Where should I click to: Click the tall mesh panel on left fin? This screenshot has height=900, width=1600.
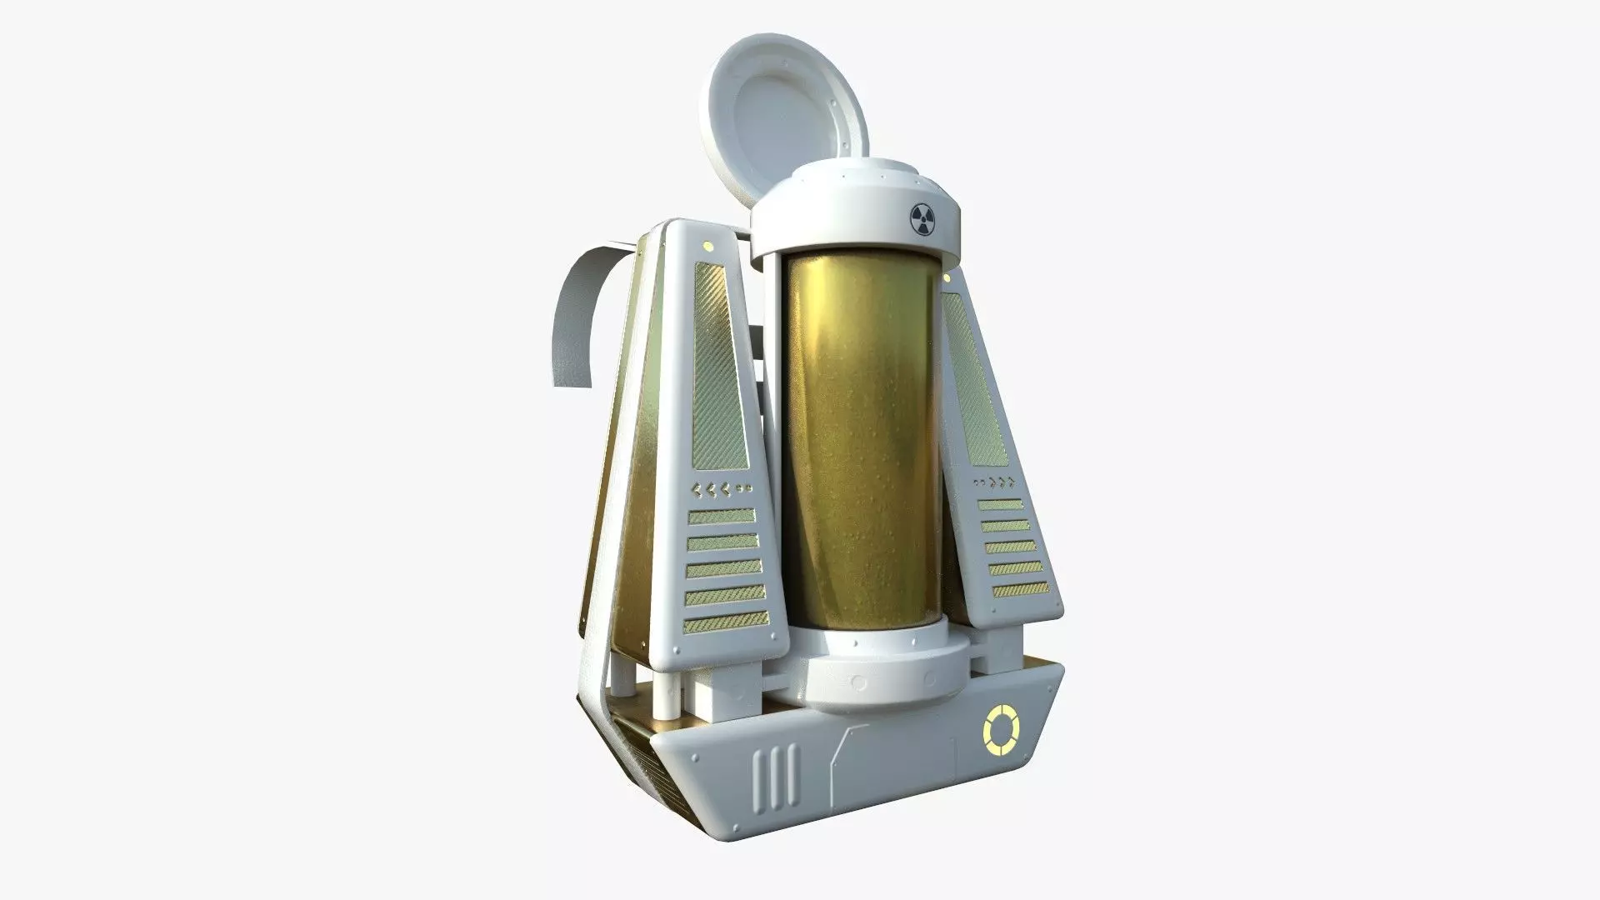(x=717, y=367)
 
